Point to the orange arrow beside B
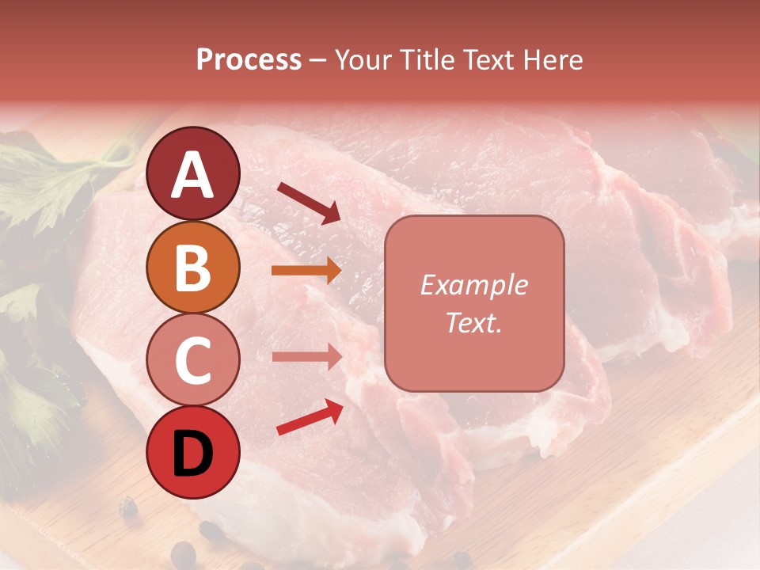click(x=306, y=271)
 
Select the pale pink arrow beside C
click(x=306, y=356)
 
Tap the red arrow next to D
click(x=310, y=417)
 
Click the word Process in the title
click(x=249, y=60)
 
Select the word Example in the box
click(x=474, y=285)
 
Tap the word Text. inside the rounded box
click(x=474, y=322)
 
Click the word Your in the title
click(x=360, y=60)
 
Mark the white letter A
click(x=193, y=176)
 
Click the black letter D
click(x=193, y=455)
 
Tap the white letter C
click(x=193, y=362)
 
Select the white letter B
click(x=193, y=269)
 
